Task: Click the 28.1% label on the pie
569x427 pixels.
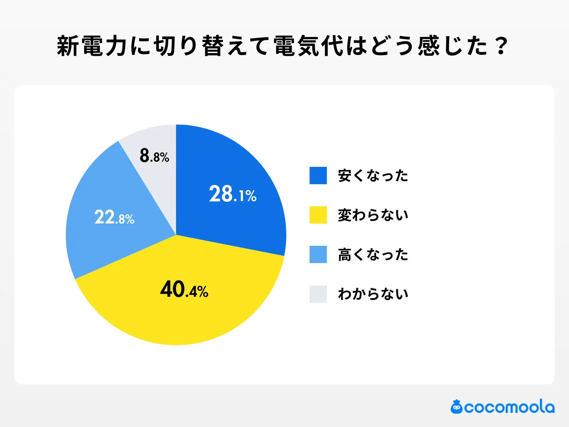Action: point(233,194)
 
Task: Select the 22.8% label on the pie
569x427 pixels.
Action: point(114,217)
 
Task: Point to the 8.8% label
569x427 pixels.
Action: point(154,156)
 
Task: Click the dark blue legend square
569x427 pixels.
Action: point(318,175)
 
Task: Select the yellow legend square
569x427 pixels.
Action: point(318,215)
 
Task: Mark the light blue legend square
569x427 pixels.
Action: point(318,254)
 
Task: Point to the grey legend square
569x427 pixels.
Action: point(318,294)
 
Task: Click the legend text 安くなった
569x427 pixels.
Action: point(373,176)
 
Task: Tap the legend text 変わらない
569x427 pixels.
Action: point(373,215)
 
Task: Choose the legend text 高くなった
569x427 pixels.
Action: point(373,255)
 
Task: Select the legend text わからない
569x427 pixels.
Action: point(373,294)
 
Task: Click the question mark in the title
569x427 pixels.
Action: point(501,46)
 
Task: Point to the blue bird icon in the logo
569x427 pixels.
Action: point(456,407)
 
